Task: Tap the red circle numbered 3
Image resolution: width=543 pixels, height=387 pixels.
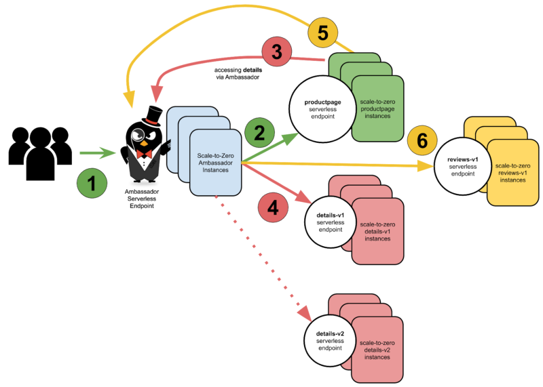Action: click(277, 50)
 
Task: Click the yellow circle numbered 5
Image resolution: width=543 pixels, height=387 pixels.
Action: click(324, 33)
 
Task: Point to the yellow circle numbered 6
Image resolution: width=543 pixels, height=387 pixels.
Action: click(422, 142)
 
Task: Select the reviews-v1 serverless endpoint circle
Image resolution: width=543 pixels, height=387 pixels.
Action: click(464, 166)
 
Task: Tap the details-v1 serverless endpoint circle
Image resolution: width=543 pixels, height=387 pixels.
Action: click(331, 222)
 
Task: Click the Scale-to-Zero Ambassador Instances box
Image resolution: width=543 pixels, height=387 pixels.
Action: click(215, 162)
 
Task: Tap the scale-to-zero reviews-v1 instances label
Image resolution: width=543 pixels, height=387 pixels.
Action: click(512, 173)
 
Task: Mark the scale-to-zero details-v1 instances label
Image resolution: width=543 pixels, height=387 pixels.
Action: click(377, 231)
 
